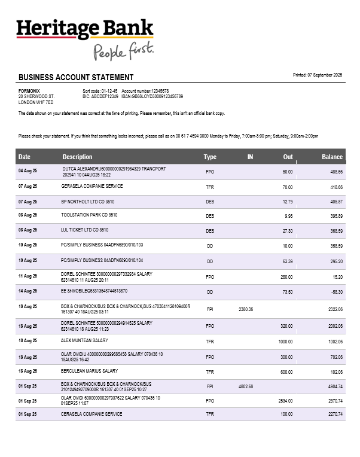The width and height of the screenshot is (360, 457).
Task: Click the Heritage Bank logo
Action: coord(85,29)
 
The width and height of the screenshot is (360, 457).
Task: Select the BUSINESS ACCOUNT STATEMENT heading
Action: coord(76,77)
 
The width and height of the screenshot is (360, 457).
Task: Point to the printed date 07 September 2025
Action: coord(318,75)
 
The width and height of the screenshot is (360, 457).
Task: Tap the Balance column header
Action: coord(332,157)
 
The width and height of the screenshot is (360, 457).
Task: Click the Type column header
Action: coord(210,157)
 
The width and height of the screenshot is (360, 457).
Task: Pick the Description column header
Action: coord(78,157)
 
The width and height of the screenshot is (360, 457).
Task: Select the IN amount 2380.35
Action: coord(246,309)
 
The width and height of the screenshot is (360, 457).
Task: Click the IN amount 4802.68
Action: coord(246,386)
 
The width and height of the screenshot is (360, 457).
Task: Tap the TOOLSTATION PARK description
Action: coord(89,215)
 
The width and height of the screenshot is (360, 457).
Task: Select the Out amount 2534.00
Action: coord(285,401)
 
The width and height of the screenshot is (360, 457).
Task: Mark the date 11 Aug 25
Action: coord(28,276)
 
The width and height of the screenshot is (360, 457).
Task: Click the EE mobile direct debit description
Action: coord(94,291)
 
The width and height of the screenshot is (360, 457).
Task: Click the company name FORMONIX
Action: coord(29,90)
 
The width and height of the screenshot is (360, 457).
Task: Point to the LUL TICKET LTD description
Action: coord(84,230)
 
